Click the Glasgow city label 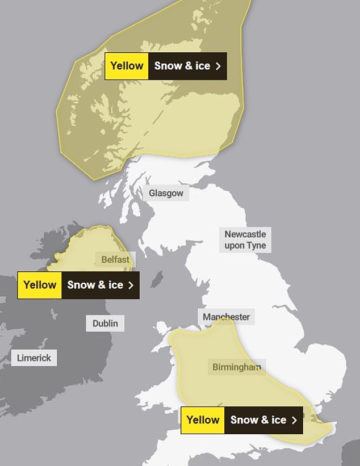166,194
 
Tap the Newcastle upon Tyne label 245,240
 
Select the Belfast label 115,260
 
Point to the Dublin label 106,324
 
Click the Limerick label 34,358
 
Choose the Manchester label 226,317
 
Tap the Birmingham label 237,367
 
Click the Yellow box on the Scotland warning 127,66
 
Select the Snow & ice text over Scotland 182,66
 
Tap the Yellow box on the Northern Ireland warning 40,285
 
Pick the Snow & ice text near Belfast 95,285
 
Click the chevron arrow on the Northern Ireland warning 131,285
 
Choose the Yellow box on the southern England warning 203,420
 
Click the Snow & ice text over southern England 258,420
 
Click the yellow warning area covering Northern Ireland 85,250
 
